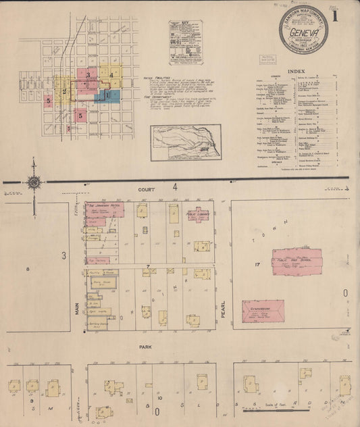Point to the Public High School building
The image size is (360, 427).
(x=297, y=261)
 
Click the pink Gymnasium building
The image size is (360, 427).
(x=263, y=311)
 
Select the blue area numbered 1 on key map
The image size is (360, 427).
(x=107, y=95)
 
